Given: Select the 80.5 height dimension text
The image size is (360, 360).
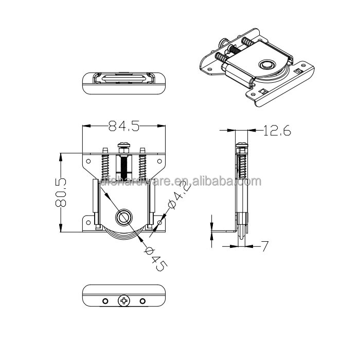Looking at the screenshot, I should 61,192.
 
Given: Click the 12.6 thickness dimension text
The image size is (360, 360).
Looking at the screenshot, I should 277,132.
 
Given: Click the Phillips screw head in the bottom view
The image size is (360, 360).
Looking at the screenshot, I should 123,300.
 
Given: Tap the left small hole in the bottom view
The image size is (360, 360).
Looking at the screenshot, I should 104,300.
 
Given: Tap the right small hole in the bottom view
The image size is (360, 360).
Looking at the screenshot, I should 142,300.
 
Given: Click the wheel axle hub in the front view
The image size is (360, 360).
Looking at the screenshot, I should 123,217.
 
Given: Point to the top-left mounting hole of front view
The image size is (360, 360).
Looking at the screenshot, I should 88,161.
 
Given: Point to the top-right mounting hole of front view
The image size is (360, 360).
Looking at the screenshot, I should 159,161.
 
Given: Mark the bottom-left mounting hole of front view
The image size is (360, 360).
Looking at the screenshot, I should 88,223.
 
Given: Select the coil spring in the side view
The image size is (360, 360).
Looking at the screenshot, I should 241,167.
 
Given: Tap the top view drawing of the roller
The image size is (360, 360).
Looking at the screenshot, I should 123,83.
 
